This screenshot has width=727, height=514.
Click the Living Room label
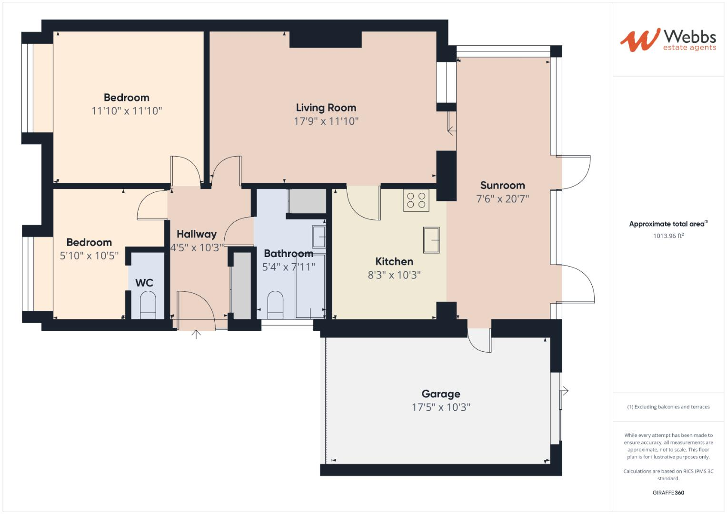[x=326, y=108]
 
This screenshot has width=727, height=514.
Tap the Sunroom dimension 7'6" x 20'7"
[x=502, y=199]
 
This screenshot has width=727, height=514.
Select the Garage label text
[x=441, y=394]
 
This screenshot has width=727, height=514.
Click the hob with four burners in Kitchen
[x=416, y=200]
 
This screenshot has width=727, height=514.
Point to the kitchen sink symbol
[x=431, y=240]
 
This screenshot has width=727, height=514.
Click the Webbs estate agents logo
[x=667, y=40]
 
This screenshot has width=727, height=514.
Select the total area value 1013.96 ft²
[x=668, y=236]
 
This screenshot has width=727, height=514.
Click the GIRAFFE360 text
[x=668, y=493]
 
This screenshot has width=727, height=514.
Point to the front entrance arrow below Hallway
[x=196, y=335]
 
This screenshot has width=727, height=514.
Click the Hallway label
[x=196, y=234]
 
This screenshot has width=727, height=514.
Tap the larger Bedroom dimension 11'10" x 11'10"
[x=127, y=111]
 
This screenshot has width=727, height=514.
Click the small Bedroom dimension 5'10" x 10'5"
[x=89, y=256]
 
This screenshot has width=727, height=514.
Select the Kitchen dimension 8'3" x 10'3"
[x=394, y=275]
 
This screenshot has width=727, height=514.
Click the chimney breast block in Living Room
[x=325, y=39]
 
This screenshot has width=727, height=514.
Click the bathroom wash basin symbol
[x=319, y=237]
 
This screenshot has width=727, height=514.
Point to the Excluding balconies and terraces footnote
[x=668, y=407]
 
